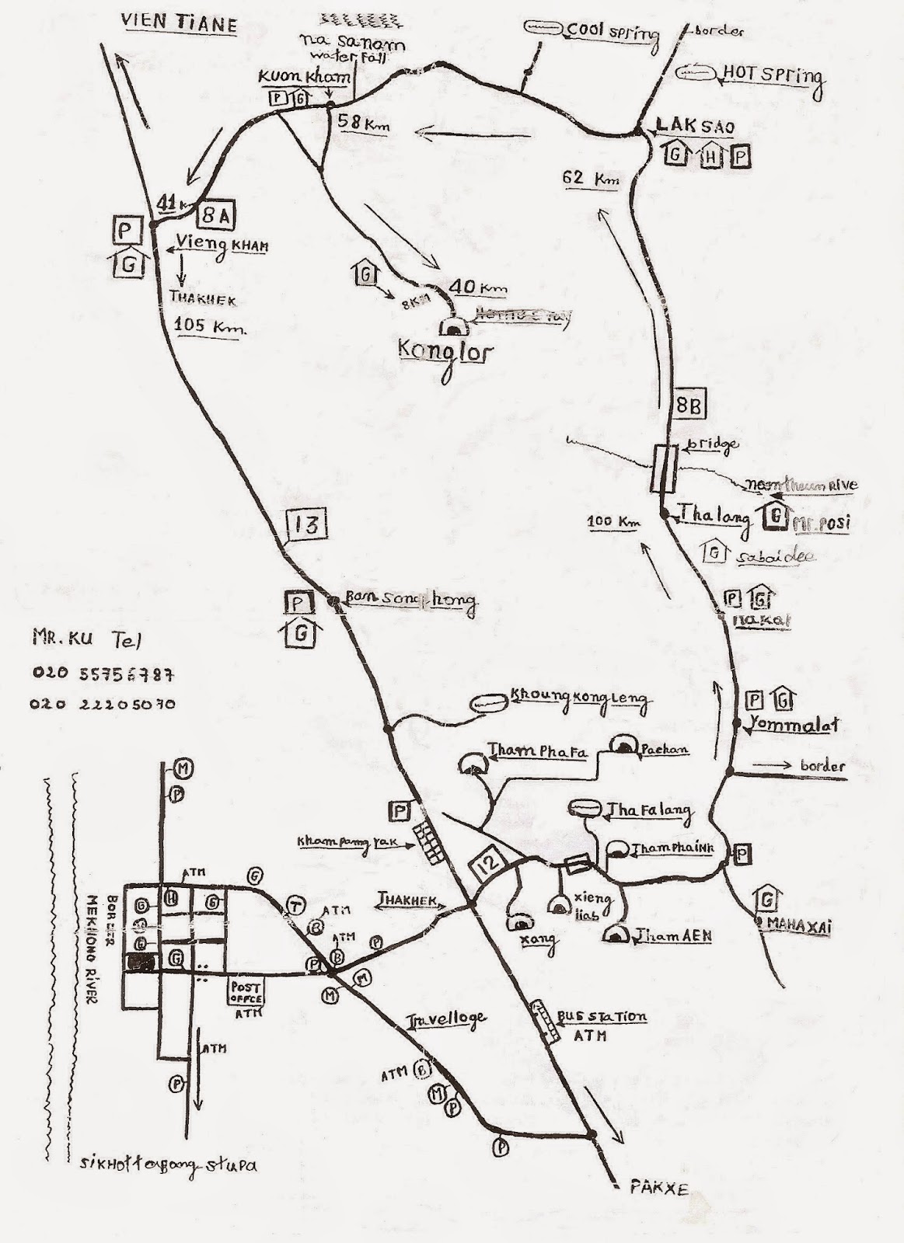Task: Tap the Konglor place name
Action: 446,352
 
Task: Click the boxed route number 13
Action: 307,525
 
